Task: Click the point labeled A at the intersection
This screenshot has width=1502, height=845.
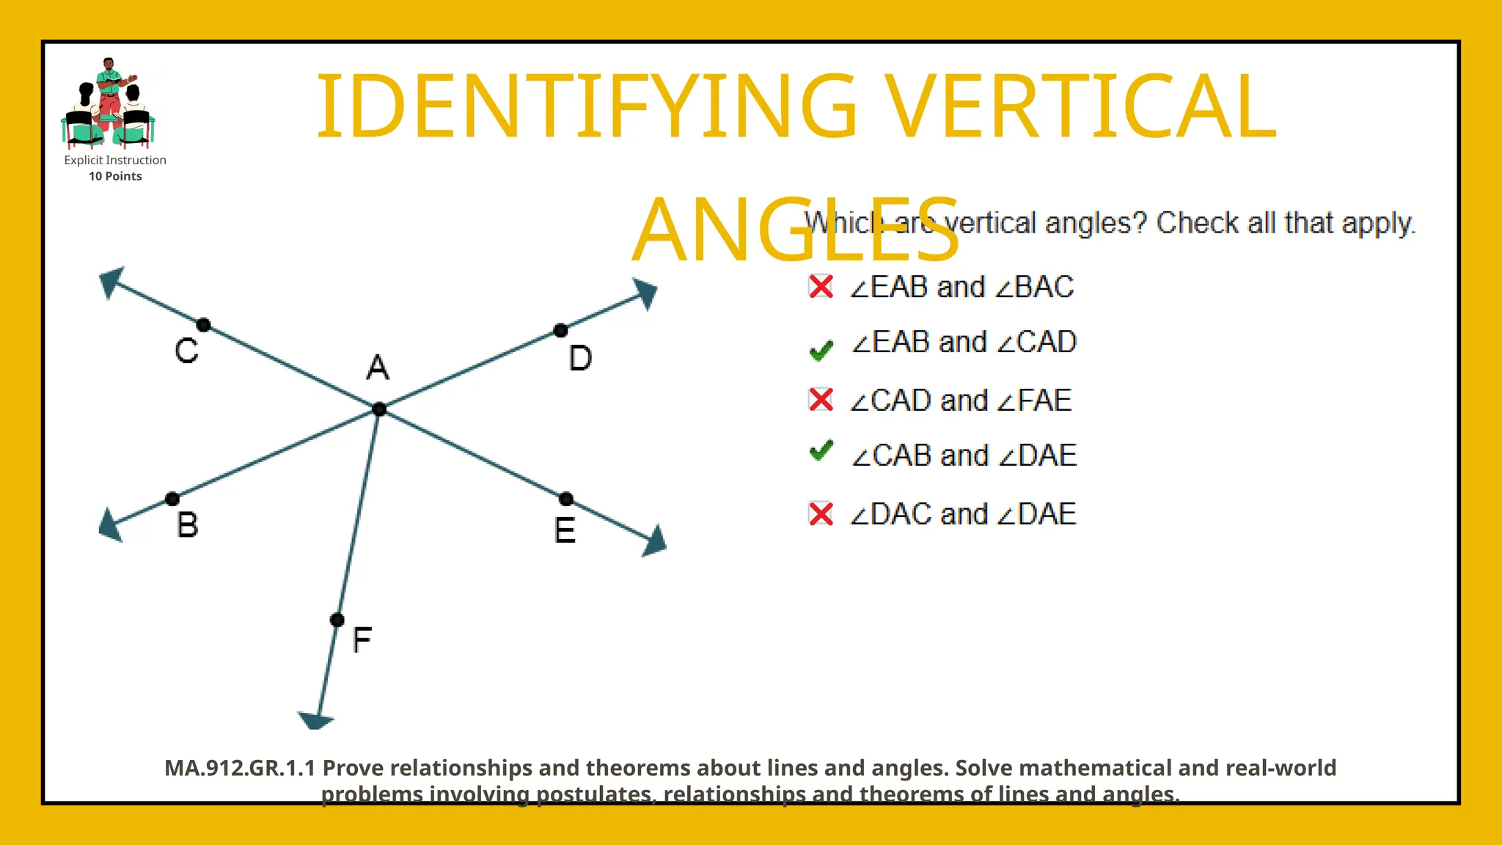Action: click(378, 409)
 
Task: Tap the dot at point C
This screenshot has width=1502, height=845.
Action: click(204, 325)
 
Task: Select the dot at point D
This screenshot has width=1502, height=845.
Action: click(560, 331)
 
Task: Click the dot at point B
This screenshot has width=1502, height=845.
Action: click(172, 500)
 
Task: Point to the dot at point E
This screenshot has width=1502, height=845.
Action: click(566, 500)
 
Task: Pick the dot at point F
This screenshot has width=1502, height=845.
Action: click(337, 621)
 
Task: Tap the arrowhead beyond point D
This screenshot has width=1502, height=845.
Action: click(645, 293)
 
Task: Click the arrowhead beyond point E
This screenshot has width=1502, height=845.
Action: click(654, 542)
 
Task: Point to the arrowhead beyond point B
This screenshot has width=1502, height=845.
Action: click(111, 525)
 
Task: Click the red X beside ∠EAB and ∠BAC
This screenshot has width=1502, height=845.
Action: click(821, 287)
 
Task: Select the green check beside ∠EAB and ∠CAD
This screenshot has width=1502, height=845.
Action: click(821, 350)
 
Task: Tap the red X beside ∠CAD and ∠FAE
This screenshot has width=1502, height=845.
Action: click(821, 400)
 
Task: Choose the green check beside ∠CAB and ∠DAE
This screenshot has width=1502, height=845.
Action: click(821, 450)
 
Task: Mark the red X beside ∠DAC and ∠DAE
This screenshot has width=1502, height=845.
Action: click(821, 513)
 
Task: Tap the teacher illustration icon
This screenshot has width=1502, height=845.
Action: click(109, 103)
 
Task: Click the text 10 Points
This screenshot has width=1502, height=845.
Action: click(115, 176)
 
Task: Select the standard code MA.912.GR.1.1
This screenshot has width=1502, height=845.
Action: click(240, 768)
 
